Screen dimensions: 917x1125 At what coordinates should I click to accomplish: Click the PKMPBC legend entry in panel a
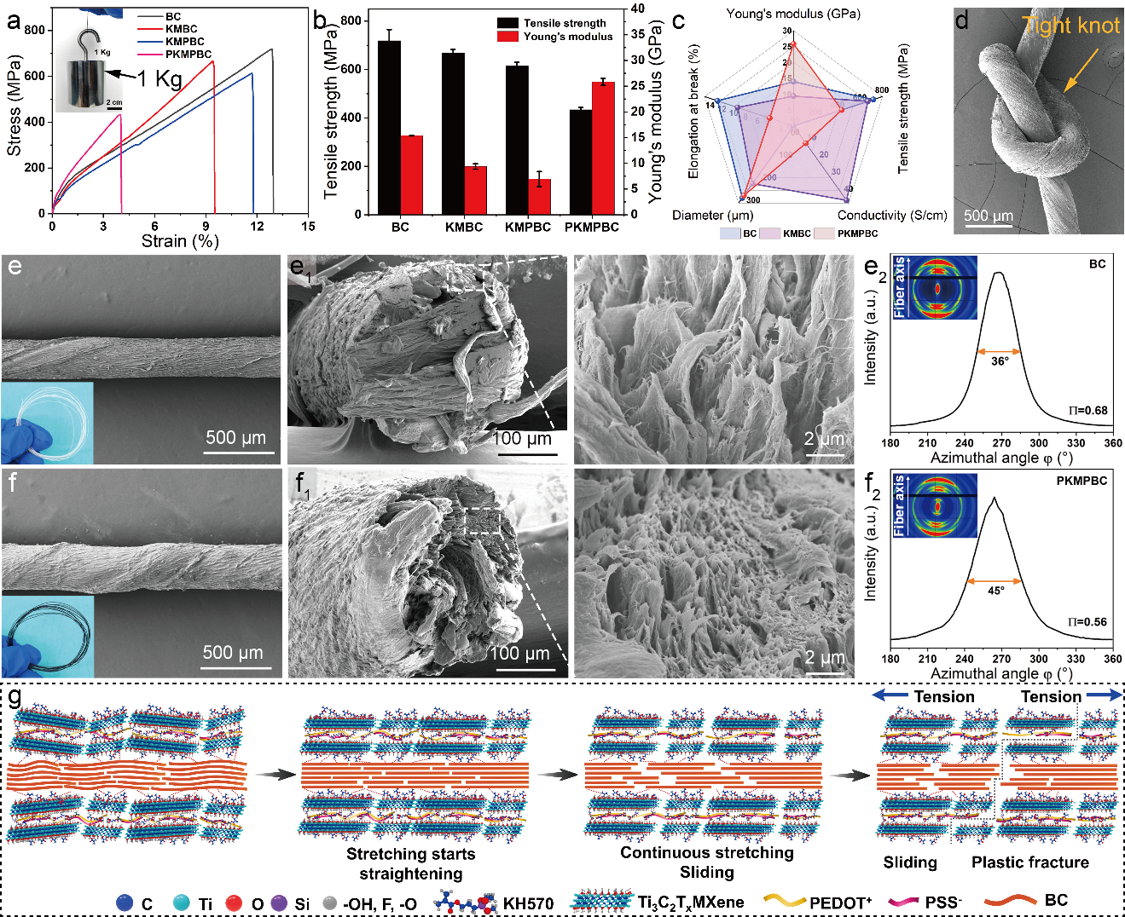(188, 55)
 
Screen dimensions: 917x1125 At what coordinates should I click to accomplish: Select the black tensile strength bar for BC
(389, 128)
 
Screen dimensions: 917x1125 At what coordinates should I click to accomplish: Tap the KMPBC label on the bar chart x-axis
(528, 228)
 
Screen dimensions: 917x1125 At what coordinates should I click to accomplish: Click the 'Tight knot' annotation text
(1071, 26)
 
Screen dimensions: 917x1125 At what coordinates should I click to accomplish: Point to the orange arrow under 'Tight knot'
(1079, 69)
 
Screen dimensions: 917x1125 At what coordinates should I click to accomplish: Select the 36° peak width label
(1000, 361)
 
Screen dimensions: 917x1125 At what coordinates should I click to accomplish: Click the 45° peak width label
(995, 591)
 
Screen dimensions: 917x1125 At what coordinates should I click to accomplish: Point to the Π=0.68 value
(1087, 411)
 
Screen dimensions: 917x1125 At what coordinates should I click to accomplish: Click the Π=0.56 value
(1087, 622)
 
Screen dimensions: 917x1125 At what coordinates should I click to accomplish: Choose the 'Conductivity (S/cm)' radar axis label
(891, 216)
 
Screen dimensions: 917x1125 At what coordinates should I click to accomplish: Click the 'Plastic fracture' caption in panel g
(1029, 862)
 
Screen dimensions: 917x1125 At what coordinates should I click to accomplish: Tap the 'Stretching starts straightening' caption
(410, 863)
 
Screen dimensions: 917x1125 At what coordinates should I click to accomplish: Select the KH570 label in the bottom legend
(528, 903)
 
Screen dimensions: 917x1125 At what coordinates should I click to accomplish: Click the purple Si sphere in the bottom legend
(279, 903)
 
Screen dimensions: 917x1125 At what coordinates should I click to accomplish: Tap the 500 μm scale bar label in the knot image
(989, 216)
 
